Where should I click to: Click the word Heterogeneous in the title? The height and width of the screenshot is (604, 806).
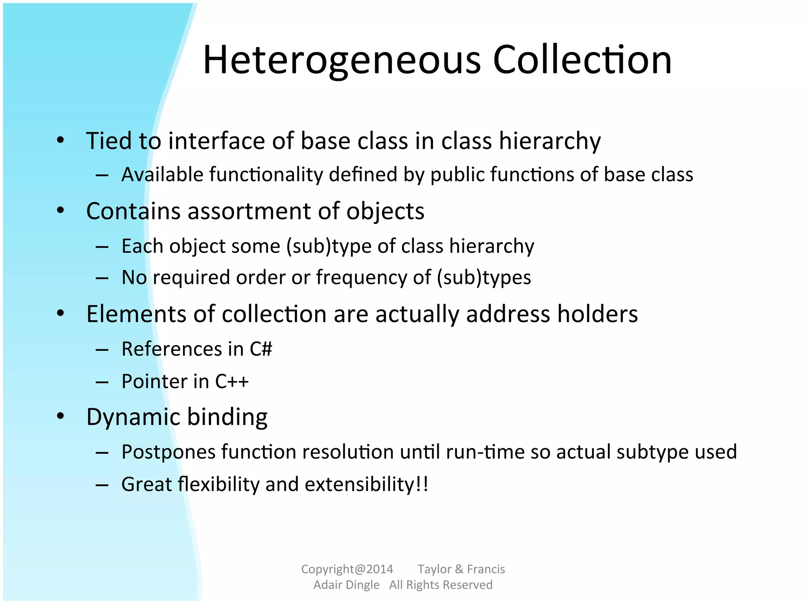[x=342, y=60]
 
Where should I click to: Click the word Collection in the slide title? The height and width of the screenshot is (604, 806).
[x=582, y=60]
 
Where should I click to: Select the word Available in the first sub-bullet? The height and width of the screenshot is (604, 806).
[x=162, y=174]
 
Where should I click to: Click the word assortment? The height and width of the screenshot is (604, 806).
[x=249, y=211]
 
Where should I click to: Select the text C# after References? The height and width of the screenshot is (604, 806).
[x=261, y=349]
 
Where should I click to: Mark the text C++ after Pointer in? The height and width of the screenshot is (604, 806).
[x=232, y=381]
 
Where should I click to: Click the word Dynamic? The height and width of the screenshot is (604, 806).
[x=133, y=417]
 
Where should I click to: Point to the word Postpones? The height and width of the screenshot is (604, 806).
[x=168, y=452]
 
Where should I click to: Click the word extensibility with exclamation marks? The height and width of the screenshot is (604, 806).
[x=366, y=484]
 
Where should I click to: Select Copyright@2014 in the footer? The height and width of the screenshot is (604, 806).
[x=347, y=569]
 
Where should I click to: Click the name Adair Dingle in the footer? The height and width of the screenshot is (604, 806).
[x=346, y=585]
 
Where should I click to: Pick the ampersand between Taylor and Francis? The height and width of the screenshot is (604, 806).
[x=459, y=569]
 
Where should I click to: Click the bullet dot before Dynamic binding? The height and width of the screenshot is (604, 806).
[x=60, y=416]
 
